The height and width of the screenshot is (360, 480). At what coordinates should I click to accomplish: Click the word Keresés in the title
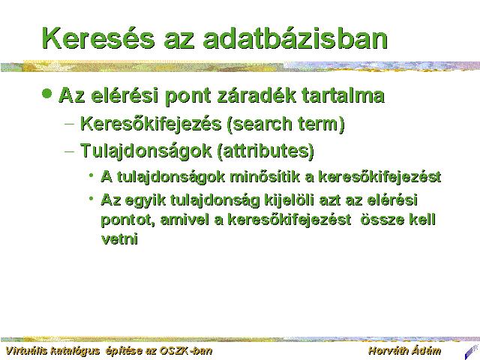(98, 38)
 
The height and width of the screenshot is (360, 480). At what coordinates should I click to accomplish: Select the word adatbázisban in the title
(295, 38)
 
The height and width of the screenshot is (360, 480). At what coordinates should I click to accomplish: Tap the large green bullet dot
(46, 93)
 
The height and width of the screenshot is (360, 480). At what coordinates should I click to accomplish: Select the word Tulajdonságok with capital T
(146, 151)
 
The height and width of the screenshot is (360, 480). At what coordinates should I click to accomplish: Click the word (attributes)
(265, 151)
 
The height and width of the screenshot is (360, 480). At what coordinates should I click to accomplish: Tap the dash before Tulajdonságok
(70, 151)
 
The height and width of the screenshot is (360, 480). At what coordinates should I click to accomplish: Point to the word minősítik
(265, 177)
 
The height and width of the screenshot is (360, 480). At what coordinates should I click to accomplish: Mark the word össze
(379, 220)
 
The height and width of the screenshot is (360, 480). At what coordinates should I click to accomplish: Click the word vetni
(119, 238)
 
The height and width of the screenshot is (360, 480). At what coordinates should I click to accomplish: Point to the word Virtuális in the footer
(26, 350)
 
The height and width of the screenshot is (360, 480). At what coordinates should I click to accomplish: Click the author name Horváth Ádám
(405, 350)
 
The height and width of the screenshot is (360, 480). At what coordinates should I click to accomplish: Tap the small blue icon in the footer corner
(472, 352)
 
